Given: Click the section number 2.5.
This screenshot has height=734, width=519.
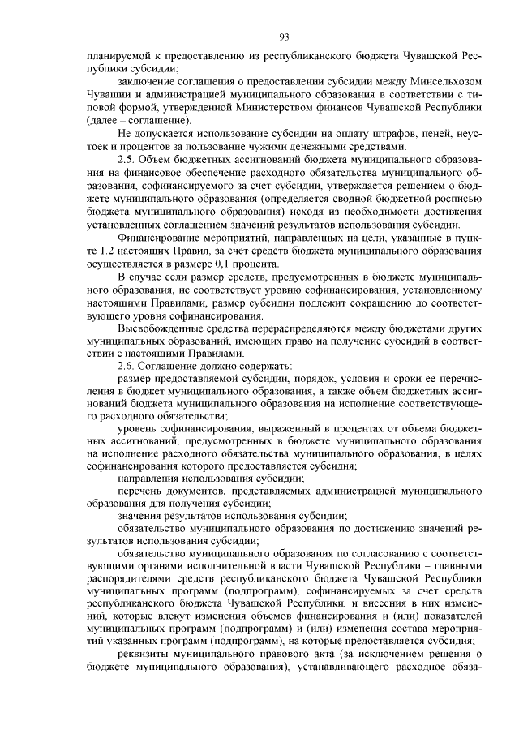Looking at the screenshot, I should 127,158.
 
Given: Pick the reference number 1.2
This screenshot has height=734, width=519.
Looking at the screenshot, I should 107,251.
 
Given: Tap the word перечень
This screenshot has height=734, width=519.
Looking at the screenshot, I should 140,491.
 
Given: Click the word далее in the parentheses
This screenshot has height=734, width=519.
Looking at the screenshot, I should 104,120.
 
